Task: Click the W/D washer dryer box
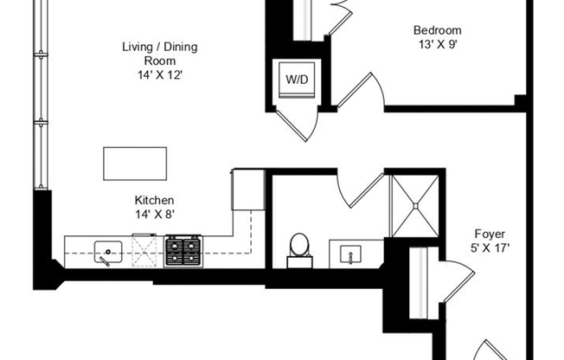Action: pyautogui.click(x=295, y=79)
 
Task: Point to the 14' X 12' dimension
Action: pyautogui.click(x=156, y=75)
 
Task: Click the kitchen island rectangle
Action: pyautogui.click(x=134, y=162)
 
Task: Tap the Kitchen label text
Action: pyautogui.click(x=154, y=199)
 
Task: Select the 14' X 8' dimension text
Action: pyautogui.click(x=154, y=215)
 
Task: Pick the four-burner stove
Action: pyautogui.click(x=183, y=252)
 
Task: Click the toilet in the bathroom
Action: pyautogui.click(x=300, y=246)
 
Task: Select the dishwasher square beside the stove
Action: pyautogui.click(x=147, y=252)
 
